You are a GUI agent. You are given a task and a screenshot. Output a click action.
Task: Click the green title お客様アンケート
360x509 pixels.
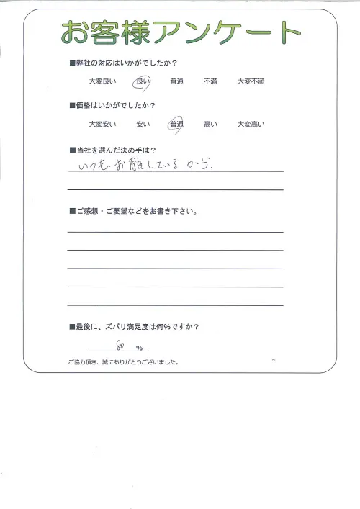click(180, 32)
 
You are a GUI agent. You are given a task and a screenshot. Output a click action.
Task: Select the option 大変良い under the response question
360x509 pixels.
click(102, 82)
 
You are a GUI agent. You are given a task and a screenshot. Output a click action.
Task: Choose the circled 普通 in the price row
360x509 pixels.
click(176, 125)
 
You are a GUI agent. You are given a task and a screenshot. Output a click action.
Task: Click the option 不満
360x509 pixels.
click(210, 82)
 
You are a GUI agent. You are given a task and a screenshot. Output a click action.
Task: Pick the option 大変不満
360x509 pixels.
click(251, 82)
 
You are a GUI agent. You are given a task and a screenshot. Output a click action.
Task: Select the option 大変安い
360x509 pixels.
click(102, 125)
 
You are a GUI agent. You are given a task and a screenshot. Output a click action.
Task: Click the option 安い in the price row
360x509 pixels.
click(142, 125)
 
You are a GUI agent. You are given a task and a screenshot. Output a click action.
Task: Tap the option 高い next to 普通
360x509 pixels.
click(210, 125)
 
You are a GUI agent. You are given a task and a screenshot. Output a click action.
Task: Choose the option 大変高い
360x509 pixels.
click(251, 125)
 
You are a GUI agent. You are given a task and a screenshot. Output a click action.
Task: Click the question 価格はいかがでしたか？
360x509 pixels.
click(115, 107)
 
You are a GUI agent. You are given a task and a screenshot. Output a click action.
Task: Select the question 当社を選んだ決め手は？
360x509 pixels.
click(115, 149)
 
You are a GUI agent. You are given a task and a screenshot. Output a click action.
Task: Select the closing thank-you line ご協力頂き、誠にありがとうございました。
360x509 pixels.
click(123, 362)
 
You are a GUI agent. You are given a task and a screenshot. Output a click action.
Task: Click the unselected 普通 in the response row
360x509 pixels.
click(176, 82)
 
